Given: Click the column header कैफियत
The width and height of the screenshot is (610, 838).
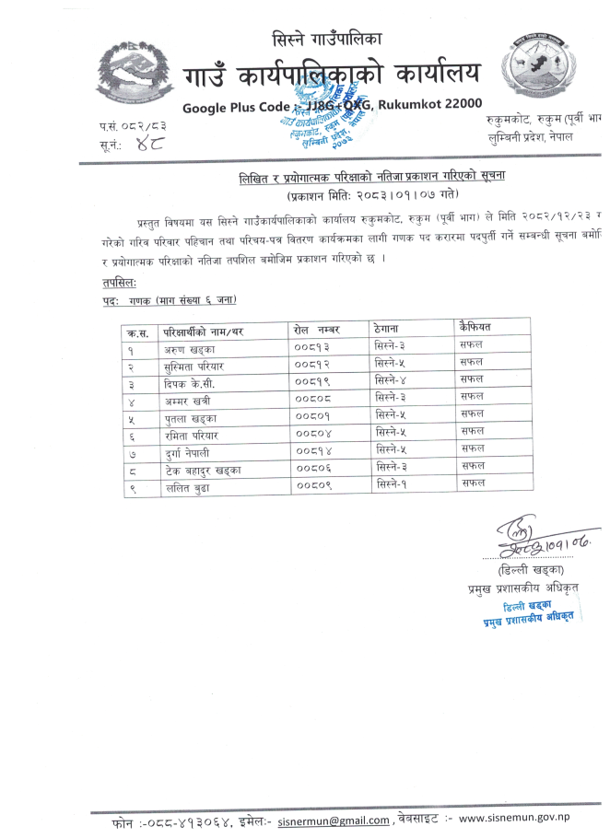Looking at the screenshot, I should pyautogui.click(x=478, y=327).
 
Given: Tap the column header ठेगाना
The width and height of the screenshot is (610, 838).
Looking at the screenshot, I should pyautogui.click(x=393, y=328).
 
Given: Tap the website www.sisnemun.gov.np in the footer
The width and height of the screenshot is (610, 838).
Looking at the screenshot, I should pyautogui.click(x=528, y=818).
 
